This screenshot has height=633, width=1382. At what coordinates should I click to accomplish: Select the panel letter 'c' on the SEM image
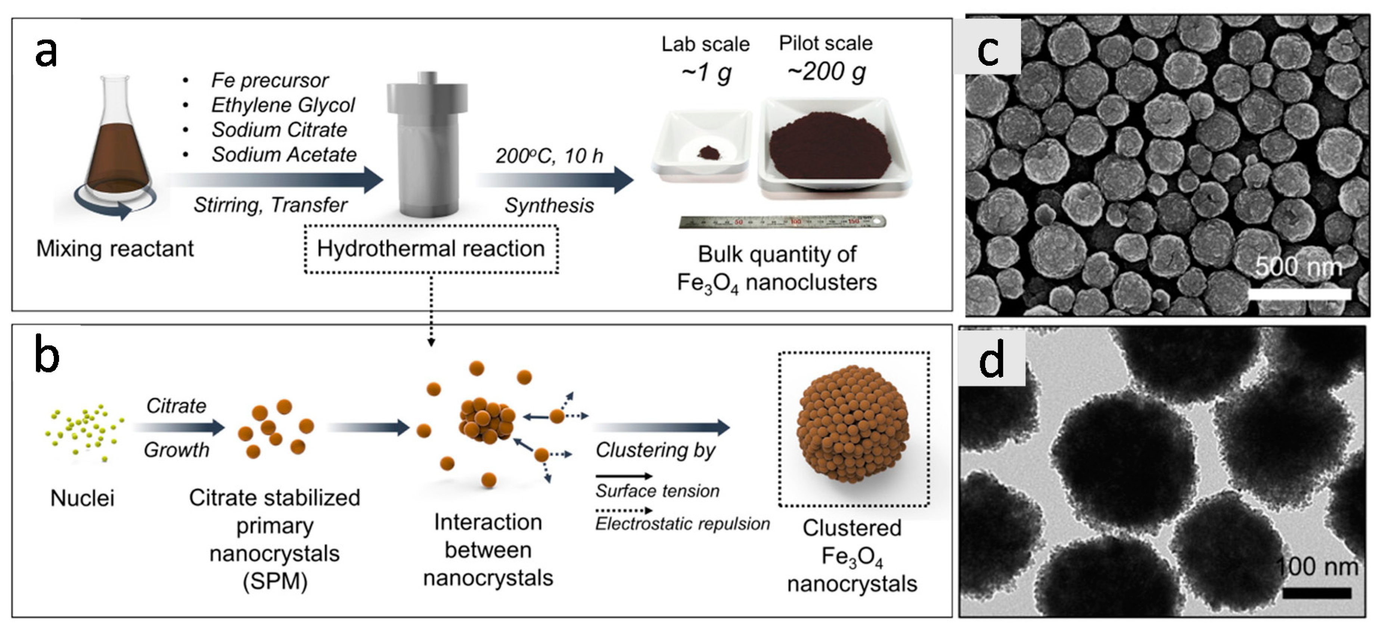click(x=988, y=51)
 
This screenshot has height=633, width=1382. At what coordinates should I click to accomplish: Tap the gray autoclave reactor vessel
click(x=427, y=145)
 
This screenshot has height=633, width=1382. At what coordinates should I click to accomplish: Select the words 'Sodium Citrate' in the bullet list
click(x=279, y=130)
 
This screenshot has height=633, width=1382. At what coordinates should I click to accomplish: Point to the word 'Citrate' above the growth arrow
click(x=176, y=406)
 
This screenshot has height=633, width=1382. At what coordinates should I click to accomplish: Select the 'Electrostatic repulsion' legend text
click(x=683, y=524)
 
